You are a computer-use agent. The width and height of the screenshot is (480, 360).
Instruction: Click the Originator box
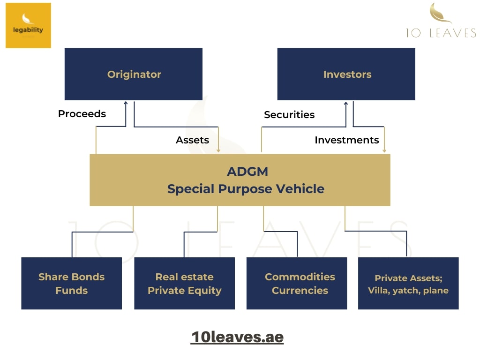click(134, 74)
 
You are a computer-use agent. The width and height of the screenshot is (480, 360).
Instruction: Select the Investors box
click(346, 74)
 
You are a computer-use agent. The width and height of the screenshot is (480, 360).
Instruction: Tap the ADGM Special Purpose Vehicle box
click(240, 180)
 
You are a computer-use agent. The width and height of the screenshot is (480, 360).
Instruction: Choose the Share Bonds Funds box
click(71, 283)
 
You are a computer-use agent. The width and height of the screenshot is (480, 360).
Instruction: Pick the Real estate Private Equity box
click(184, 283)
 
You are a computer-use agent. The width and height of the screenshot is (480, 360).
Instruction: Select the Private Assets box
click(408, 283)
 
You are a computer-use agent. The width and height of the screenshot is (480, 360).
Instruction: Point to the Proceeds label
click(82, 114)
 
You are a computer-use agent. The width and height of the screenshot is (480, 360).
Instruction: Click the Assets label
click(192, 140)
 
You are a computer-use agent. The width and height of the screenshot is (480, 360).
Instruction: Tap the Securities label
click(289, 115)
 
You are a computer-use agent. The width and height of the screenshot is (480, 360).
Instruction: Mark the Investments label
click(346, 140)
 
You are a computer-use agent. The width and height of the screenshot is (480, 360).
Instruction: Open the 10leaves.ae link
click(237, 337)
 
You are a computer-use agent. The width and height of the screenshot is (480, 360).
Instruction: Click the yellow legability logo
click(28, 25)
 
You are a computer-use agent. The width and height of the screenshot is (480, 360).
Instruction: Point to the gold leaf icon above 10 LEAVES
click(440, 13)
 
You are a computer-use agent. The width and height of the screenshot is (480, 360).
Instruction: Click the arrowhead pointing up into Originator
click(126, 103)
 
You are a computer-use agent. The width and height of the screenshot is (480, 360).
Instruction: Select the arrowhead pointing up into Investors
click(346, 103)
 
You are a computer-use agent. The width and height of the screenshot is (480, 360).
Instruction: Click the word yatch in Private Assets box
click(404, 291)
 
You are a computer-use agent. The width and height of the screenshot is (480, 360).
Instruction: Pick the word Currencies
click(300, 290)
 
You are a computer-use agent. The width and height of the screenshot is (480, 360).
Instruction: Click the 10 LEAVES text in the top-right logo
click(441, 33)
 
